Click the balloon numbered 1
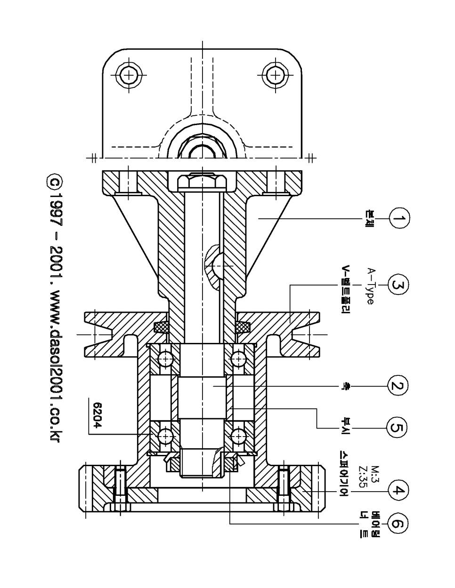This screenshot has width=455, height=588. [399, 218]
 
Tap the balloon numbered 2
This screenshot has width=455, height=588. [398, 386]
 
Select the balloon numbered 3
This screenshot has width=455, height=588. [398, 285]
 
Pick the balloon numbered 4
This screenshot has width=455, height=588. [398, 490]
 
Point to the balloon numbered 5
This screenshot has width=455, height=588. [397, 429]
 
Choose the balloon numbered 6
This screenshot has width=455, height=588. [398, 524]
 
